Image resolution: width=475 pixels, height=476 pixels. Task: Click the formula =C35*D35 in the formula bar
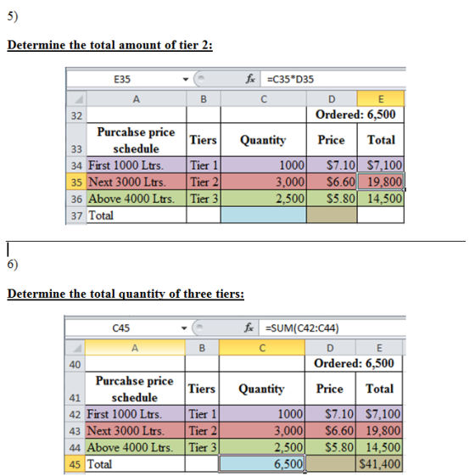290,79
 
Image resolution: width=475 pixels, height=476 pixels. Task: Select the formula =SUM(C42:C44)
302,328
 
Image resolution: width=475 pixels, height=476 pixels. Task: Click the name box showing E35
122,79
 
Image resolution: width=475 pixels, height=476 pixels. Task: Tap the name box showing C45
120,328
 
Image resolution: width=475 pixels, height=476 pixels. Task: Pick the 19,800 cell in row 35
381,182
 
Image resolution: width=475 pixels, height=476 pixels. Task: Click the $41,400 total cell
379,464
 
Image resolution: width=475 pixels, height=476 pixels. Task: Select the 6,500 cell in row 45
262,464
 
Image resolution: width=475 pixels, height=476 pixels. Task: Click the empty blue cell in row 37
264,215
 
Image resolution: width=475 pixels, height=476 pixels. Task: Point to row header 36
76,199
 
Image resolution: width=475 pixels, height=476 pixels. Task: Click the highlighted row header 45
75,464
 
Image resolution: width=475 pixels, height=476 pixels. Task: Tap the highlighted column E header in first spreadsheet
381,98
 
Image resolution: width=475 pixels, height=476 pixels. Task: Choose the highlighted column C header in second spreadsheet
262,348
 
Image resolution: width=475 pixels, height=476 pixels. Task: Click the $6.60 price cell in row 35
332,182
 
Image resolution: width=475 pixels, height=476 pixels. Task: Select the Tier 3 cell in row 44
202,447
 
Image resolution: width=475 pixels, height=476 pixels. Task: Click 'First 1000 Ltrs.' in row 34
126,165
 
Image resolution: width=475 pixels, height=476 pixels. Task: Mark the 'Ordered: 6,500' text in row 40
354,363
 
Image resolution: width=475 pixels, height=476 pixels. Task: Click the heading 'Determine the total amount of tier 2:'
110,45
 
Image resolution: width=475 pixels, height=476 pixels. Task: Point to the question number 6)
13,264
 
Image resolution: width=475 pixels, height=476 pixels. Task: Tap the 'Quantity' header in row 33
263,140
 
